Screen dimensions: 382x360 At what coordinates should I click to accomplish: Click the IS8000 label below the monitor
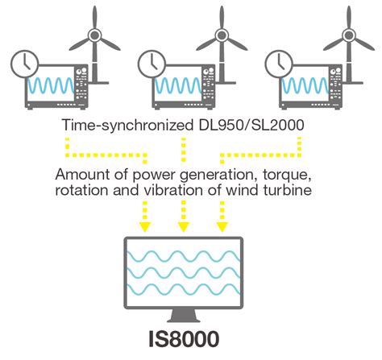point(184,339)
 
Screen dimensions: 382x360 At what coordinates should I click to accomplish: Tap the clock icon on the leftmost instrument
point(24,64)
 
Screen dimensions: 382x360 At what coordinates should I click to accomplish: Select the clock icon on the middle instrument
point(152,64)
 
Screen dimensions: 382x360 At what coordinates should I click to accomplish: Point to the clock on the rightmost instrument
point(279,64)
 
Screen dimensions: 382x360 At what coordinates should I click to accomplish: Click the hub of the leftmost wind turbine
point(94,35)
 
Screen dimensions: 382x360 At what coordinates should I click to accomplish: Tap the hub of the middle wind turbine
point(222,35)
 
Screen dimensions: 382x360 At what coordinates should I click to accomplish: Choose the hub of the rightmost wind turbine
point(349,35)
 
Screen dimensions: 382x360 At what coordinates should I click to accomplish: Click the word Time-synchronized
point(127,125)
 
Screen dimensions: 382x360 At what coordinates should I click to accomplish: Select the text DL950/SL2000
point(251,125)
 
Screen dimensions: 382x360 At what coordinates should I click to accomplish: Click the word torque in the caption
point(287,175)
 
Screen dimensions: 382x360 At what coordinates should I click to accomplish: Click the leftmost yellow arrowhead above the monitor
point(145,227)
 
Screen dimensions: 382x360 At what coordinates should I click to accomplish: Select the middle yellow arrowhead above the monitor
point(184,227)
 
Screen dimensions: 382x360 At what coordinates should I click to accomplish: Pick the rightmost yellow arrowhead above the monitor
point(222,227)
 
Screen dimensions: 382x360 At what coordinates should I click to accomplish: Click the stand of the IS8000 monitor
point(184,316)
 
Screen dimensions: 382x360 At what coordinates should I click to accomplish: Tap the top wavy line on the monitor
point(184,256)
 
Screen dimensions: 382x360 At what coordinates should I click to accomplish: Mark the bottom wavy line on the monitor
point(184,290)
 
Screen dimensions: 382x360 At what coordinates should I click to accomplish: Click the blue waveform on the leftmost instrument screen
point(51,85)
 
